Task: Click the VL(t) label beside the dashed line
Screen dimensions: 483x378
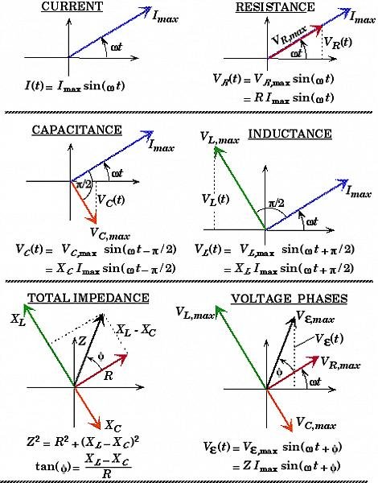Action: click(x=214, y=198)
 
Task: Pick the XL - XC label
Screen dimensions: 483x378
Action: click(x=134, y=331)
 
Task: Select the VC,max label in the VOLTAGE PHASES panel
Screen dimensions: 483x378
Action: click(x=314, y=421)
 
